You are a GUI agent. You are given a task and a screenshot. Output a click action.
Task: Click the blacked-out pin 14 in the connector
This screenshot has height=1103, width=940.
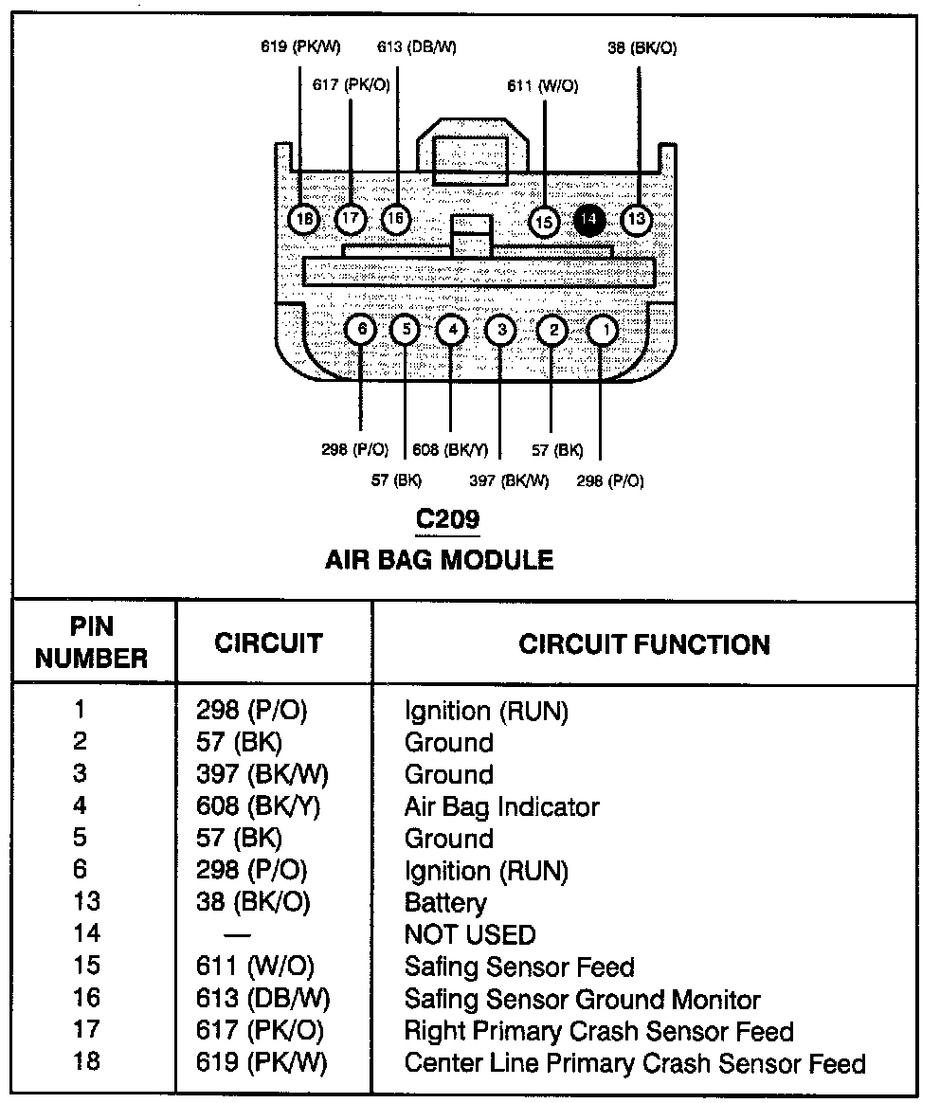(x=589, y=220)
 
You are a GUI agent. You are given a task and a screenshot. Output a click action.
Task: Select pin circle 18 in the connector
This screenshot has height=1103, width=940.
(x=303, y=220)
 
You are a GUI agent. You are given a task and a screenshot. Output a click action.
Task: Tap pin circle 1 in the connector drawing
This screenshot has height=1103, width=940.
(x=603, y=331)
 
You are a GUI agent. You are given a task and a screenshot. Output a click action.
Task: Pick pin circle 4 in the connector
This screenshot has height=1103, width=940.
(x=452, y=330)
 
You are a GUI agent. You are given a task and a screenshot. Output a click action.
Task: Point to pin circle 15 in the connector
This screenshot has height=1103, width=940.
(x=544, y=222)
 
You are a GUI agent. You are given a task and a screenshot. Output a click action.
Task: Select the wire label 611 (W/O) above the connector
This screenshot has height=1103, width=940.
(x=542, y=85)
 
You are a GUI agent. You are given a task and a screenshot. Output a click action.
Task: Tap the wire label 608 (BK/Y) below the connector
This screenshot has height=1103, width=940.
(x=451, y=450)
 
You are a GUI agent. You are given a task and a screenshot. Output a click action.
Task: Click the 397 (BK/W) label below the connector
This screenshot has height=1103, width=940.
(x=509, y=480)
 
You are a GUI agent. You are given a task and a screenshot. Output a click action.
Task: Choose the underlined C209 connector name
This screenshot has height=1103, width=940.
(x=447, y=519)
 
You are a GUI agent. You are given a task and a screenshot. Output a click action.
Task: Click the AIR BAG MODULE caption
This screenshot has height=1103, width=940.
(x=439, y=559)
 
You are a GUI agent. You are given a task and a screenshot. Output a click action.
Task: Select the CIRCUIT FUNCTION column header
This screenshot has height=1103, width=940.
(x=643, y=644)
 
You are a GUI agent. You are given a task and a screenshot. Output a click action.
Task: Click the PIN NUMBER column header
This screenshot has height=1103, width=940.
(x=92, y=642)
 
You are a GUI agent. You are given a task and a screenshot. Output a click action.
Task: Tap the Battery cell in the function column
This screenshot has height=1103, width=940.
(x=444, y=902)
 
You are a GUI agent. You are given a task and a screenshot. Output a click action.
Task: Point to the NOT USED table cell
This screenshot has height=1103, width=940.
(x=469, y=934)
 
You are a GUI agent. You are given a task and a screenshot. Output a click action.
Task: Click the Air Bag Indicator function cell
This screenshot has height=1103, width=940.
(x=501, y=806)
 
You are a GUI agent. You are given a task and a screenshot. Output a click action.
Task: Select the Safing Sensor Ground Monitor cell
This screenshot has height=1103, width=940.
(x=582, y=999)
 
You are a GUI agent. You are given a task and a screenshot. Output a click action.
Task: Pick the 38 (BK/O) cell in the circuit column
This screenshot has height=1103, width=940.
(x=253, y=902)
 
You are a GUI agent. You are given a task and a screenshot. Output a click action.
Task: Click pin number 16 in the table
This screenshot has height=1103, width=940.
(x=86, y=999)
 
